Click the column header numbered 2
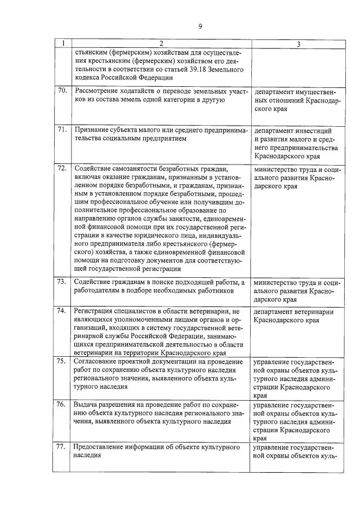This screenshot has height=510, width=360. tap(161, 44)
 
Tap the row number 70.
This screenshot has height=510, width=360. tap(63, 91)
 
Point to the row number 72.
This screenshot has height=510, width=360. tap(63, 168)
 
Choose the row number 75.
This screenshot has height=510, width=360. tap(63, 361)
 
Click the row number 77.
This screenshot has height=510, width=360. tap(63, 447)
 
